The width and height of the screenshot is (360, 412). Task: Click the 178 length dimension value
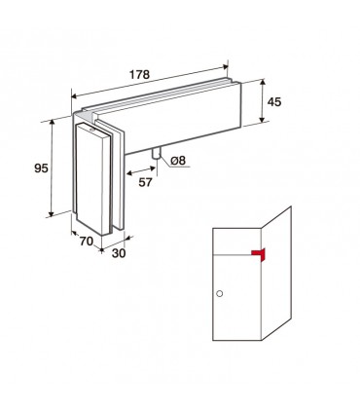[x=140, y=75]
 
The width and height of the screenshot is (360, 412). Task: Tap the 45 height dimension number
[x=274, y=102]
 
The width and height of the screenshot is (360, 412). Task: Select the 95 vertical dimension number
[x=41, y=169]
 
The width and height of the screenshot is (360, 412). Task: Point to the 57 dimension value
[x=145, y=182]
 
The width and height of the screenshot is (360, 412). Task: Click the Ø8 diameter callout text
[x=178, y=160]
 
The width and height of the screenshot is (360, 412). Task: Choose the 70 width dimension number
[x=86, y=242]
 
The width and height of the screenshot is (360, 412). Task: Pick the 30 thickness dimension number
[x=119, y=253]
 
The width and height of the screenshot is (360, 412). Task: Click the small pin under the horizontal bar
[x=156, y=154]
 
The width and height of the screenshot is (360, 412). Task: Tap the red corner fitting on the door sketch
[x=259, y=254]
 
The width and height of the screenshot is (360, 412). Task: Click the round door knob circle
[x=219, y=294]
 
